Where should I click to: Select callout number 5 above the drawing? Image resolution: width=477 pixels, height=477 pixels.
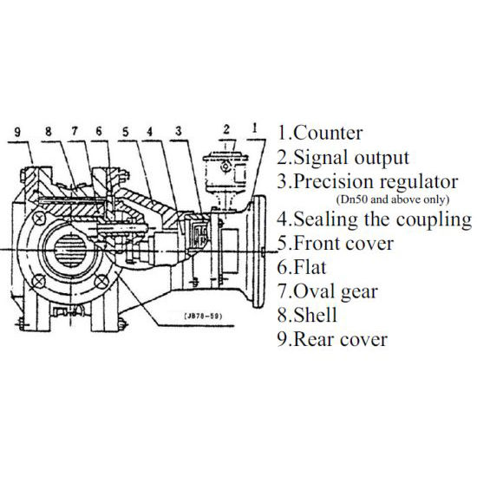(x=127, y=133)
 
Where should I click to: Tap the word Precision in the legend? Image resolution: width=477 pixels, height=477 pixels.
(x=333, y=181)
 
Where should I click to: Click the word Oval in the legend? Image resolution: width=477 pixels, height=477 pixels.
(x=313, y=291)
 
